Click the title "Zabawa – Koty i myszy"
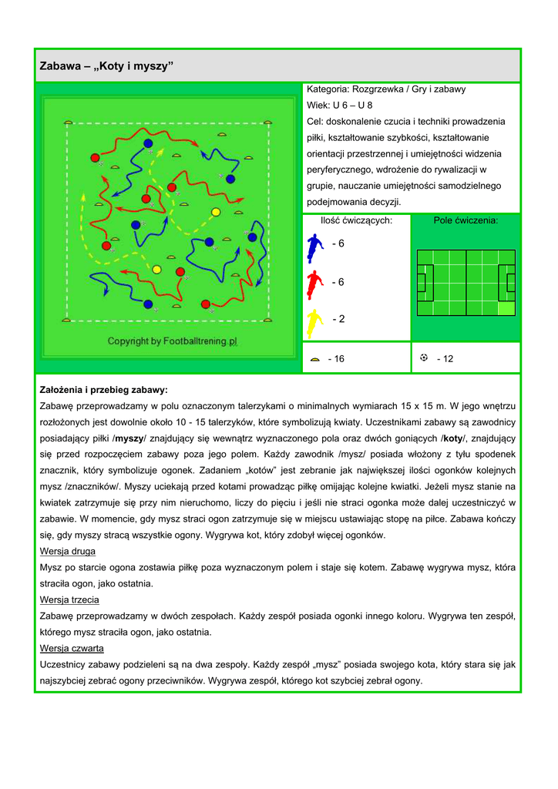coord(107,67)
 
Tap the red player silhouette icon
coord(314,284)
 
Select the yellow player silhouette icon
coord(314,322)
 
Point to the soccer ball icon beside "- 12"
coord(424,358)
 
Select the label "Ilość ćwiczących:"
coord(356,220)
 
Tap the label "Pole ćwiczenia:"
coord(466,220)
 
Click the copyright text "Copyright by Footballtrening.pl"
coord(172,341)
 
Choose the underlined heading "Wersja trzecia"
coord(69,599)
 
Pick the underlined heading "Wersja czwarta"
coord(71,648)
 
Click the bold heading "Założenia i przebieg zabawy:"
coord(103,390)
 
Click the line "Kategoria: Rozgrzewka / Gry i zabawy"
coord(386,89)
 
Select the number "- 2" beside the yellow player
coord(338,319)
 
